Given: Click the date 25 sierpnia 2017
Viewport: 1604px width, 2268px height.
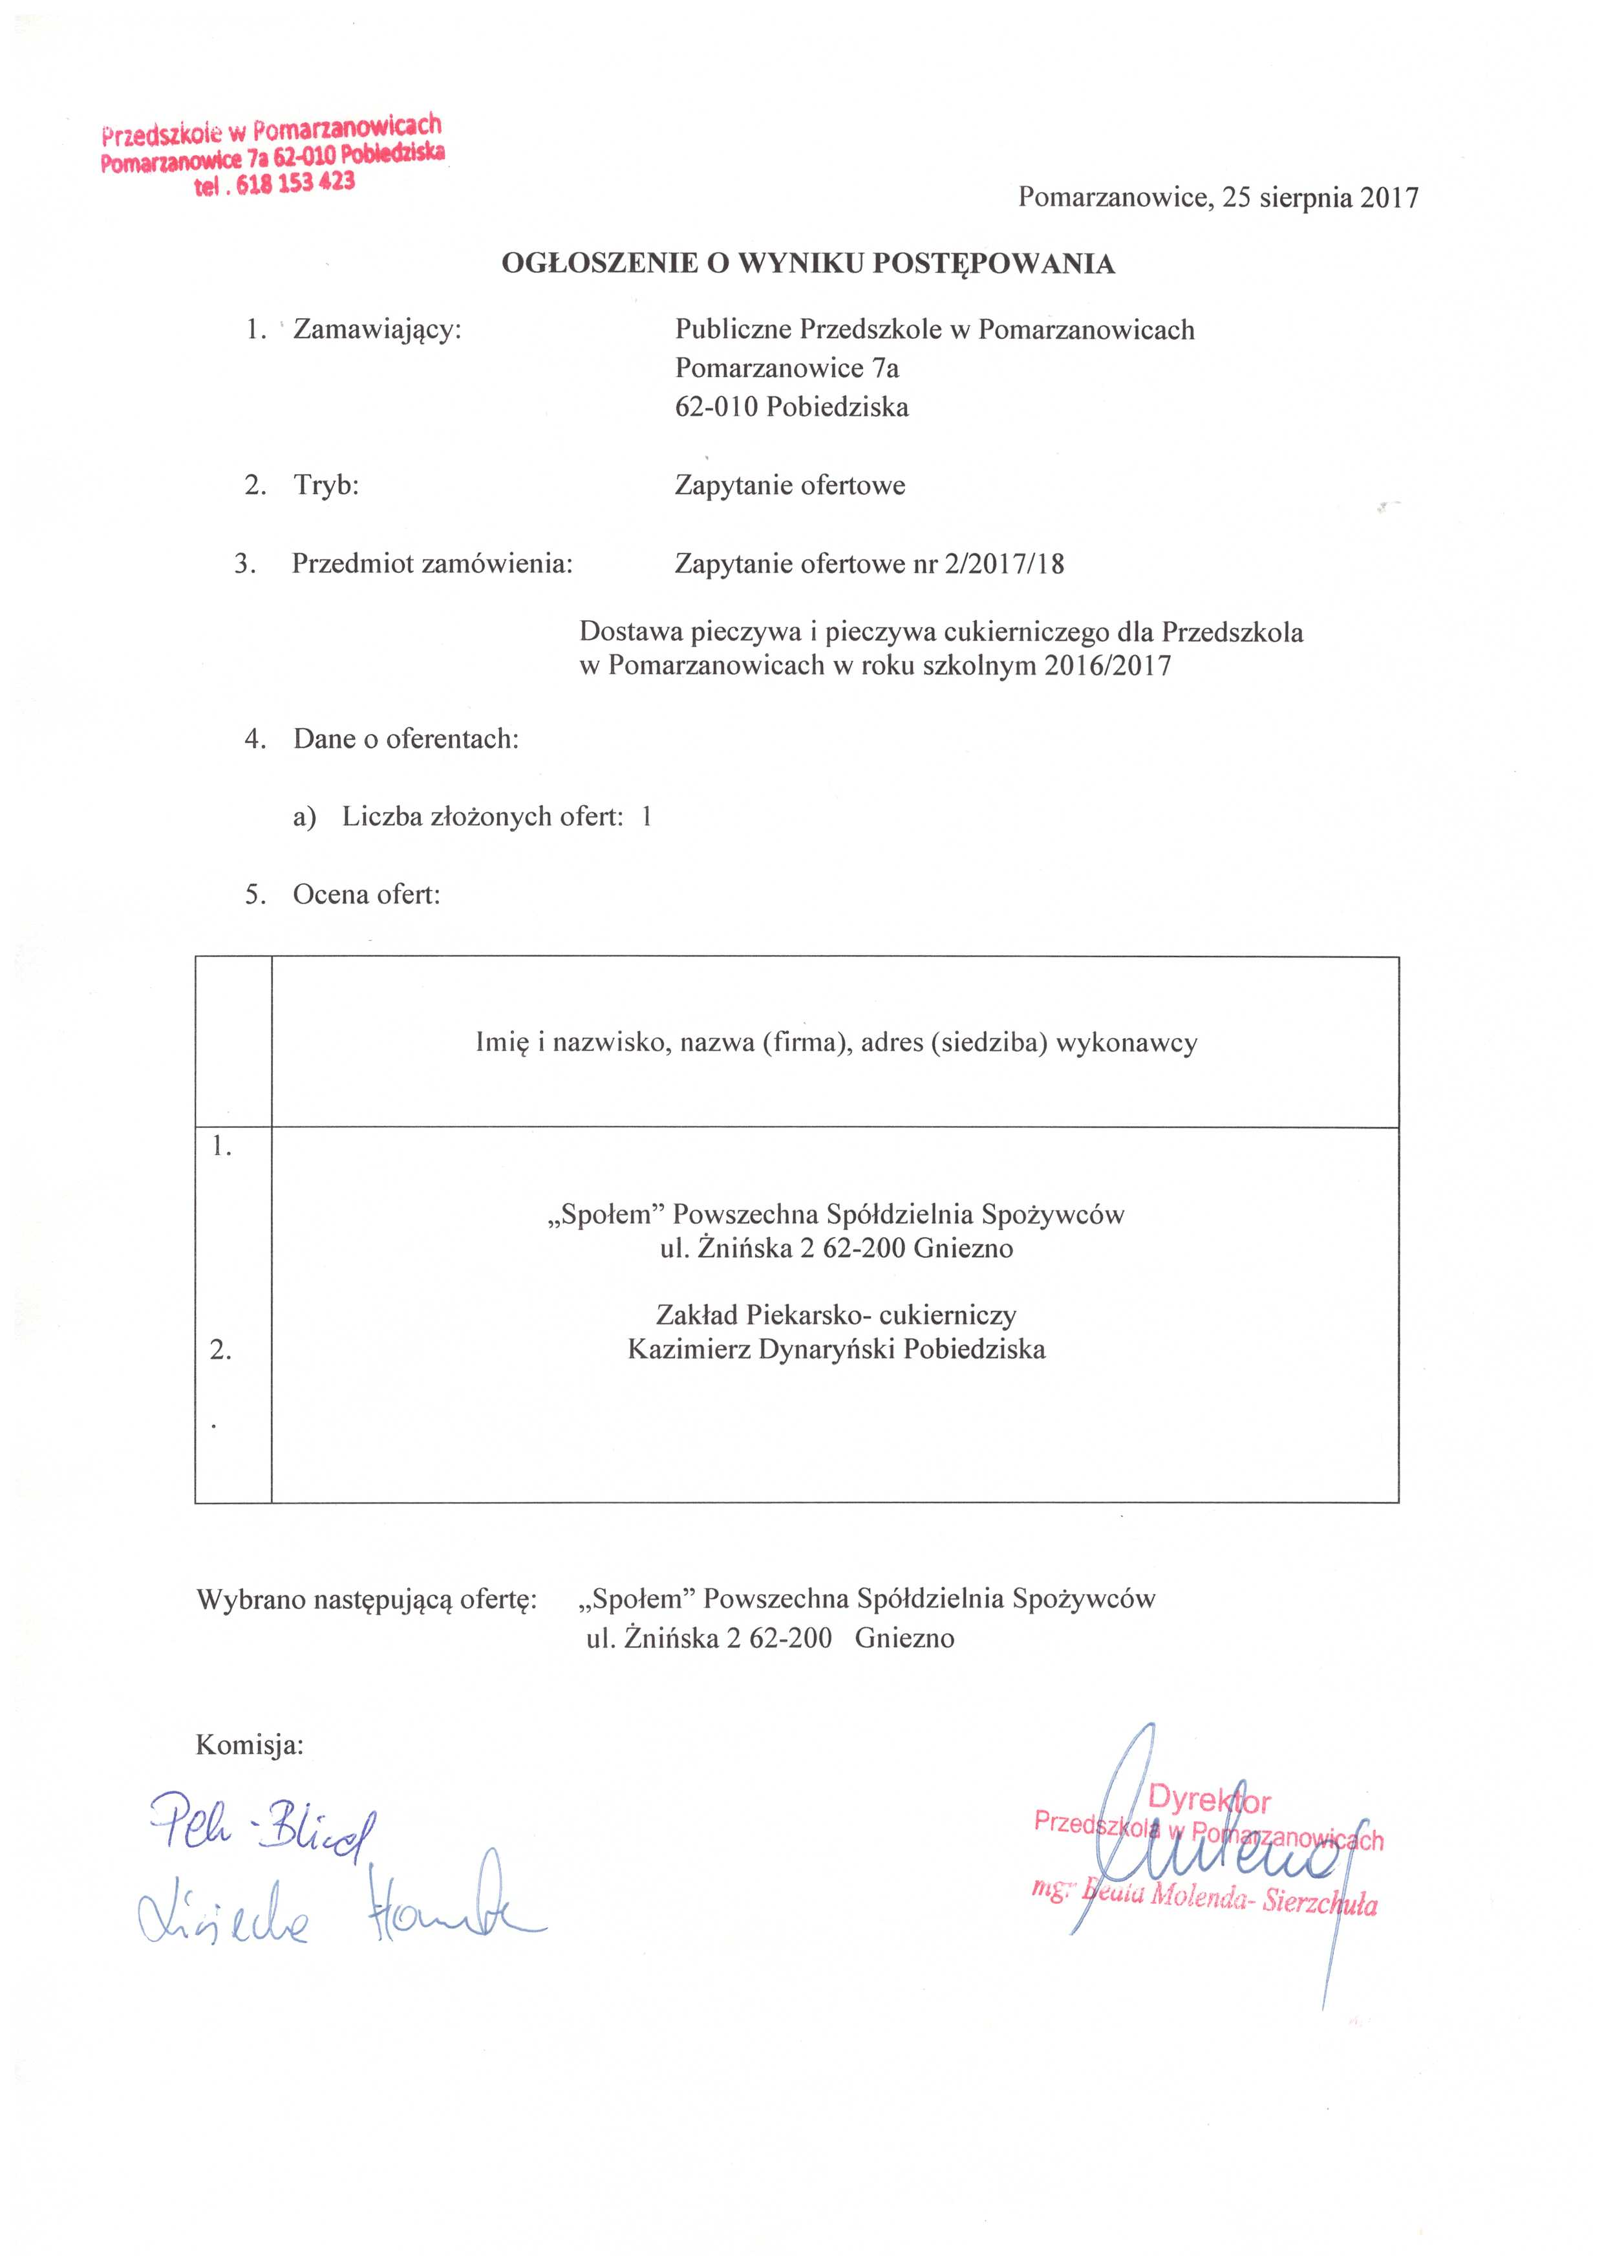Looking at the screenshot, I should [x=1321, y=197].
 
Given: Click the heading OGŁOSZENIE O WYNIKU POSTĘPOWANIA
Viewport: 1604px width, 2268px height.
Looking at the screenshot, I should [x=808, y=264].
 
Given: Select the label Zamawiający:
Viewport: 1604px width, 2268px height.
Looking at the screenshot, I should [x=378, y=329].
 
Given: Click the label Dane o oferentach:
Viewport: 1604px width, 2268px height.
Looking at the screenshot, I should [x=405, y=739].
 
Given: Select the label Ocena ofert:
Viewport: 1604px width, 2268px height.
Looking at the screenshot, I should [x=367, y=895].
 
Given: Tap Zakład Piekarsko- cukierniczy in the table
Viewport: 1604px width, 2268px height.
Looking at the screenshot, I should [x=835, y=1315].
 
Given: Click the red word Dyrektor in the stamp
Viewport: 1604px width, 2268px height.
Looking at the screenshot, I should [x=1210, y=1802].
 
